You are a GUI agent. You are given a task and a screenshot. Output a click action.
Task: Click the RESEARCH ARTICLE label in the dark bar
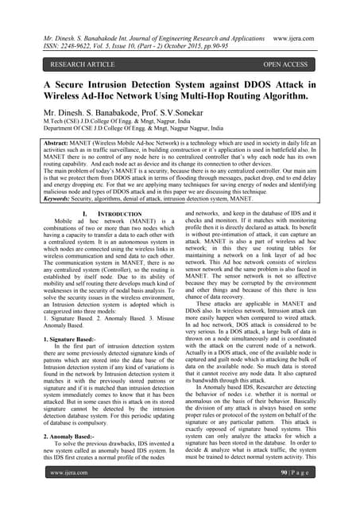pyautogui.click(x=81, y=63)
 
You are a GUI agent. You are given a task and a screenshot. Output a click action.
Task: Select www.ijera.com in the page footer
pyautogui.click(x=68, y=494)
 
